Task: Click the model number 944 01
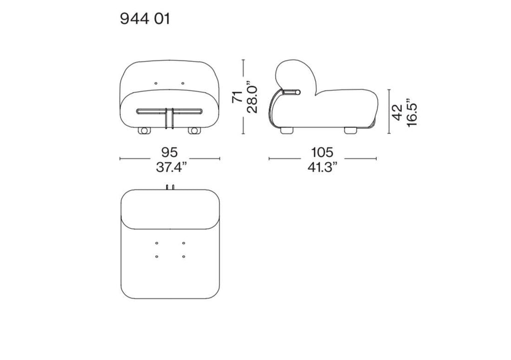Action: [145, 18]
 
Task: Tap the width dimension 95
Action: [170, 152]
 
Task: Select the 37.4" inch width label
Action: [172, 167]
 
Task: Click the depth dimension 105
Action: [322, 152]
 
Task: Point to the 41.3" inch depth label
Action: [322, 167]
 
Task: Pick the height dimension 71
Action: [237, 96]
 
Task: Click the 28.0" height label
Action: [252, 97]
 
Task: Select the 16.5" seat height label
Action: [412, 112]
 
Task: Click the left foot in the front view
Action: [144, 130]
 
